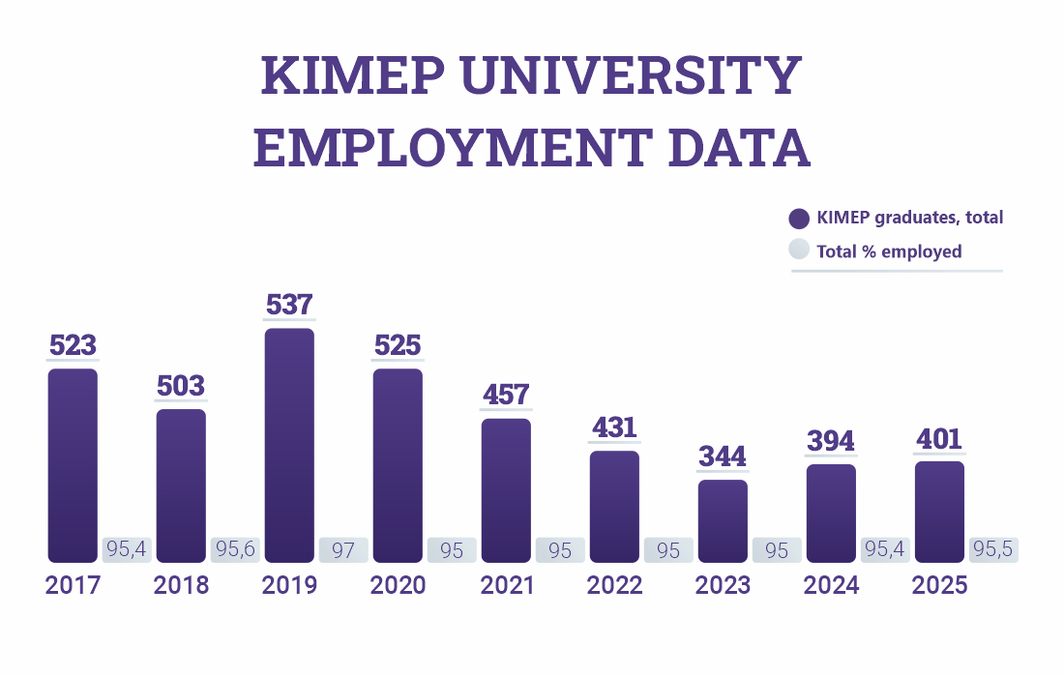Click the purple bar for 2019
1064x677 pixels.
289,445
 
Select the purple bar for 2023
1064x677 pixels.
723,520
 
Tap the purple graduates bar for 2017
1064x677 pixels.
73,464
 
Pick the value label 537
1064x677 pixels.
289,305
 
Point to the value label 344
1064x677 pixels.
723,456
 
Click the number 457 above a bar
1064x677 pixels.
506,395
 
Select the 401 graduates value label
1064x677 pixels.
939,439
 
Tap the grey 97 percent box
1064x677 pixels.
343,550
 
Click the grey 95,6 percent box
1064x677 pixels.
235,550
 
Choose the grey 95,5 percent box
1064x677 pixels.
993,550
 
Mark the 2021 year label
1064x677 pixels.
506,585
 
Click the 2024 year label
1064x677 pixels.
831,585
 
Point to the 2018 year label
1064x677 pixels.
181,585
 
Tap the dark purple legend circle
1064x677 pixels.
799,219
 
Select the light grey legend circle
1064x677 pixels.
799,250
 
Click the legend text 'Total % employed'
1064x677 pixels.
889,251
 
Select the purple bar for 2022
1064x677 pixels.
614,506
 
